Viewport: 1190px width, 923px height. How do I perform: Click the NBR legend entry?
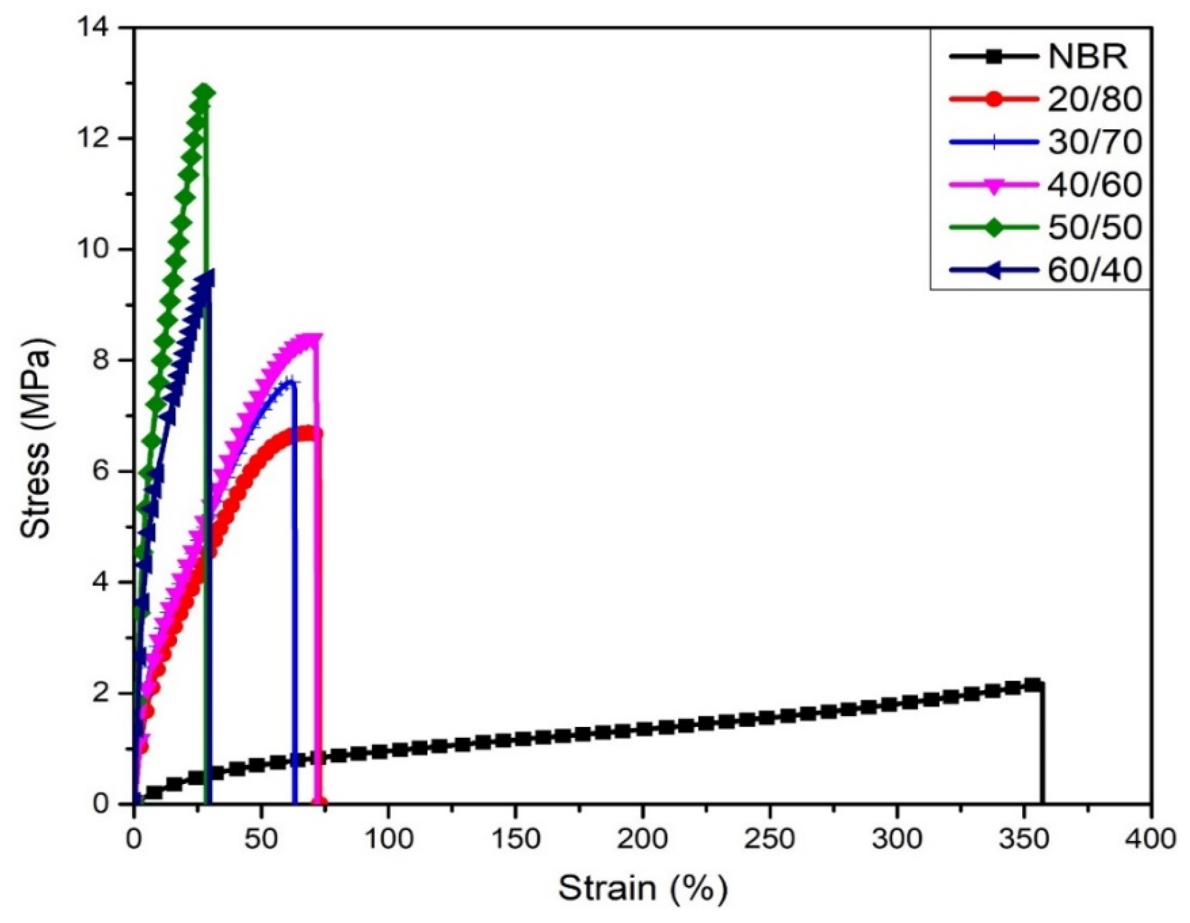point(1088,56)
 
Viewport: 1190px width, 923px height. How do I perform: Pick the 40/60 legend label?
point(1094,185)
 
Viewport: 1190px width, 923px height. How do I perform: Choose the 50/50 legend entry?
point(1094,227)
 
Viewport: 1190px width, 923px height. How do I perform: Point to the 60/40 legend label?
point(1094,270)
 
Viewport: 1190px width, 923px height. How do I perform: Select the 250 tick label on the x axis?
point(769,840)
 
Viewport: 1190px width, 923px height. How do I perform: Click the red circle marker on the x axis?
point(320,803)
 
